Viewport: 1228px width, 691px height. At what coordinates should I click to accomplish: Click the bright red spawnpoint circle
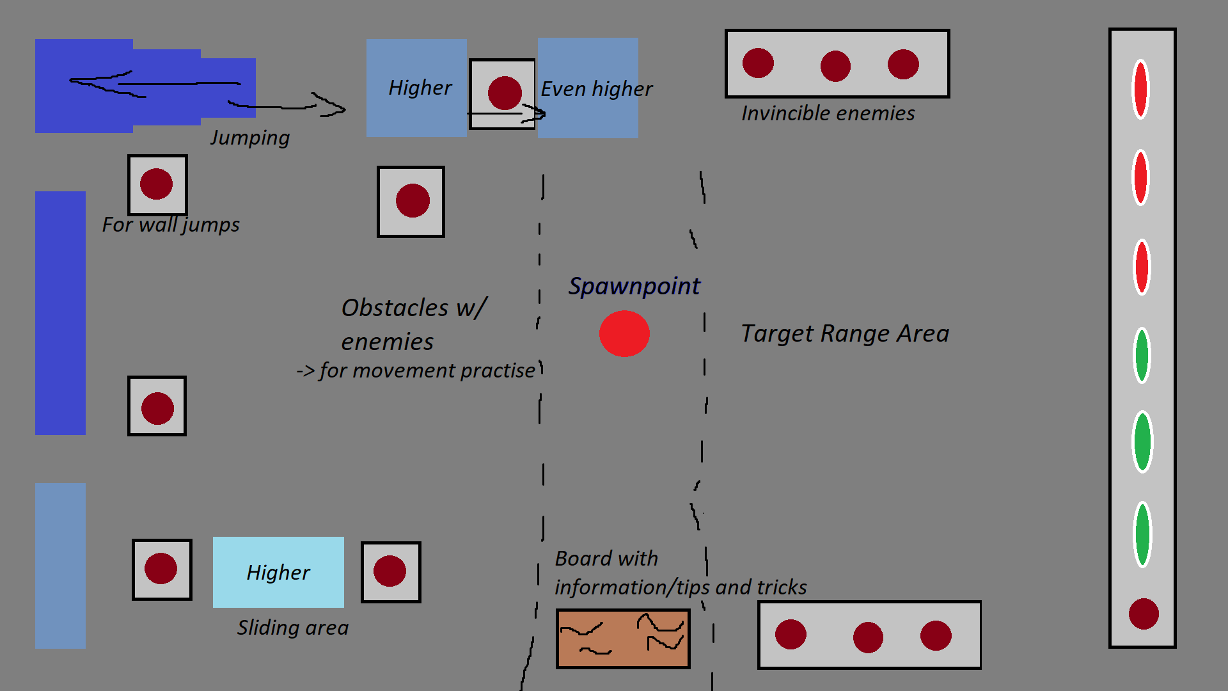pos(624,333)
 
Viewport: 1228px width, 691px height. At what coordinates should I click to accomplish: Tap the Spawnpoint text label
pos(634,286)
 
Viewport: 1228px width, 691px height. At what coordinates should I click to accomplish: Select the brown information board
pos(622,639)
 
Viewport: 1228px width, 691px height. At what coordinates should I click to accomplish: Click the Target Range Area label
pos(844,333)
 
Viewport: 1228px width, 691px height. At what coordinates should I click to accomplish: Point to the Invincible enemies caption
pos(828,113)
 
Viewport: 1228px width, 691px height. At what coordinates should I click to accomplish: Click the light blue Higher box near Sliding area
pos(278,572)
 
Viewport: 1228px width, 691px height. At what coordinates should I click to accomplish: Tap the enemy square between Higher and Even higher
pos(503,93)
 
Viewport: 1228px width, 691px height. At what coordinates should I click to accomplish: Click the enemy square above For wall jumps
pos(157,184)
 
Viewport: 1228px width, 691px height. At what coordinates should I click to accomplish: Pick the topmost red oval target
pos(1140,89)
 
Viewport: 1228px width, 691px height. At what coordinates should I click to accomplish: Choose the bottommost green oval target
pos(1142,534)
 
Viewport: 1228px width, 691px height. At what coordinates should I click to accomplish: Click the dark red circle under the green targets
pos(1144,614)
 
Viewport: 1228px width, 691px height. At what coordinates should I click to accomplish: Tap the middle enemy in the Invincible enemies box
pos(835,66)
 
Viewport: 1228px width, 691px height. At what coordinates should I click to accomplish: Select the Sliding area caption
pos(293,628)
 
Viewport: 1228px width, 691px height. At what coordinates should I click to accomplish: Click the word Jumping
pos(250,138)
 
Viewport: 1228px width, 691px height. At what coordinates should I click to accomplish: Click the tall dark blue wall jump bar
pos(60,313)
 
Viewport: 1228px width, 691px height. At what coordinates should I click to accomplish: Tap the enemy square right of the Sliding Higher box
pos(391,572)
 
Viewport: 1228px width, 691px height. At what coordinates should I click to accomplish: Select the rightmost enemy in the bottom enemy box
pos(936,636)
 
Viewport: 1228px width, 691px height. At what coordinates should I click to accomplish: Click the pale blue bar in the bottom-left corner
pos(60,566)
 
